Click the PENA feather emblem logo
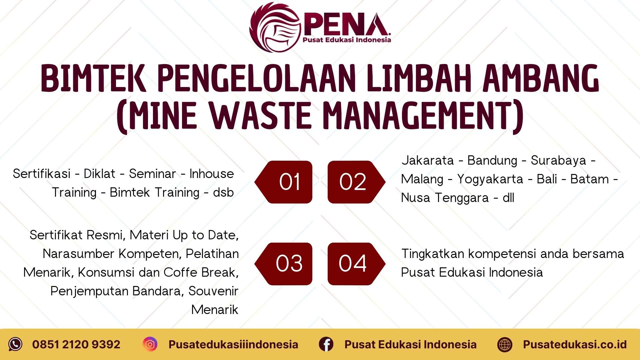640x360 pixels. coord(275,27)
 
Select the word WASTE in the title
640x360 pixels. coord(261,116)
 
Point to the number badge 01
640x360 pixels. coord(284,182)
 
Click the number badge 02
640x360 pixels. coord(355,182)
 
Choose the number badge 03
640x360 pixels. coord(284,264)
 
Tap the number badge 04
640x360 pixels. coord(355,264)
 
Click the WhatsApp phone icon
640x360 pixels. coord(15,344)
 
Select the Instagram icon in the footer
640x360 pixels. coord(150,344)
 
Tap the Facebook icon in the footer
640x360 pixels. coord(326,344)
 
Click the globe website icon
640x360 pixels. coord(505,344)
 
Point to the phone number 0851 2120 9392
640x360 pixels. coord(76,344)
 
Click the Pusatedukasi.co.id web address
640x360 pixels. coord(575,344)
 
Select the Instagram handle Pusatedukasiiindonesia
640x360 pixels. coord(233,344)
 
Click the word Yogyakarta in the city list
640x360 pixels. coord(490,179)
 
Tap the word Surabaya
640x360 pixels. coord(558,161)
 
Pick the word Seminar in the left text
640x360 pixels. coord(152,174)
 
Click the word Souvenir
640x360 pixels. coord(213,291)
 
